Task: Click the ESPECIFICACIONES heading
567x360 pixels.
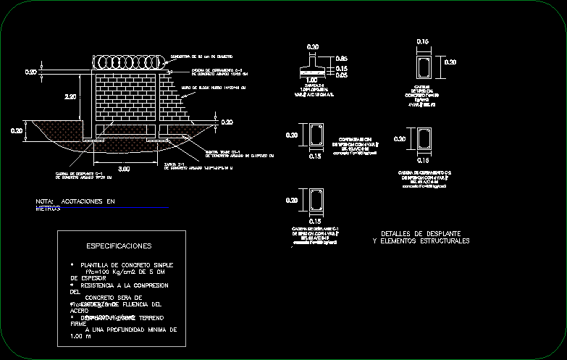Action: [119, 246]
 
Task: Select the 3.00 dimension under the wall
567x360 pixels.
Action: [124, 169]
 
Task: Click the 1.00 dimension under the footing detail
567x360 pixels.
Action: [313, 80]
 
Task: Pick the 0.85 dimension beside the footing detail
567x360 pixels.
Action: [342, 59]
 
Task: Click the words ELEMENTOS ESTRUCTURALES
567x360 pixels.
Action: [427, 240]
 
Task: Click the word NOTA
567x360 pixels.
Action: [45, 201]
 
